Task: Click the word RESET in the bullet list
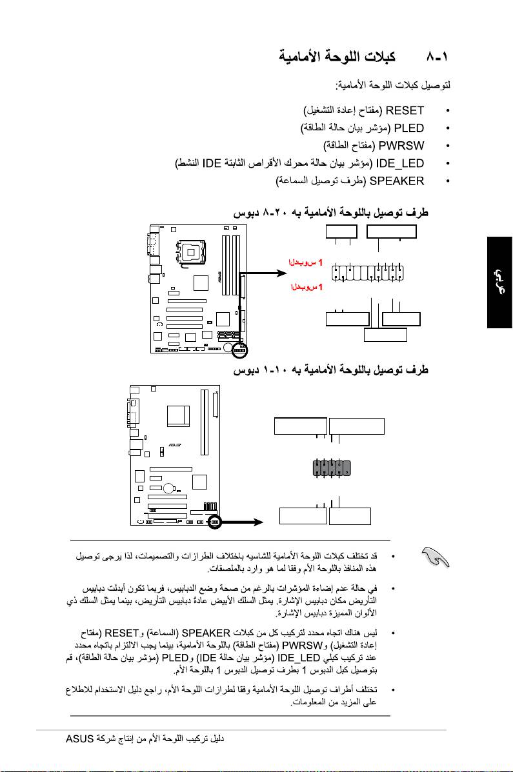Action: [x=404, y=110]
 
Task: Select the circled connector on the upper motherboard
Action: [x=241, y=349]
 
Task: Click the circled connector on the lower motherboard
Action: [x=214, y=520]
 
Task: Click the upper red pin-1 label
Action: [x=306, y=262]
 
